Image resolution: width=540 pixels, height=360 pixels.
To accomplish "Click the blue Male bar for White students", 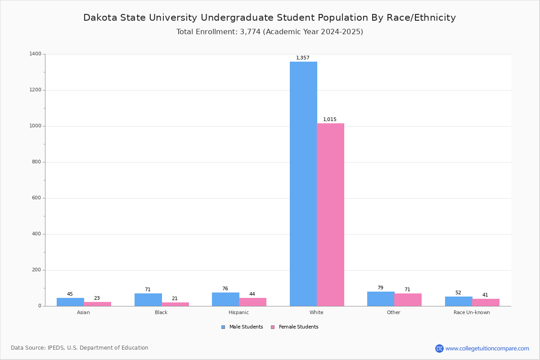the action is (303, 184).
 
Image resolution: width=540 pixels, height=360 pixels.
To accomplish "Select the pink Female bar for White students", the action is (330, 215).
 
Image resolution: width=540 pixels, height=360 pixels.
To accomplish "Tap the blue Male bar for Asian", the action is (70, 302).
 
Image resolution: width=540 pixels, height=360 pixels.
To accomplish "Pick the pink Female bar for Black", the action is (175, 304).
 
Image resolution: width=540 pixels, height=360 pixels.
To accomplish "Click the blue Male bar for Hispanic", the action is (225, 299).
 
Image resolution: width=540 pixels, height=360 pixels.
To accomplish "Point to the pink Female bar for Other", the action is (408, 300).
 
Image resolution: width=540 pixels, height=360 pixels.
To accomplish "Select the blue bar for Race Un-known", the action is (459, 301).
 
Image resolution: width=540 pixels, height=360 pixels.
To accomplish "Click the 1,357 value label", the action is (303, 58).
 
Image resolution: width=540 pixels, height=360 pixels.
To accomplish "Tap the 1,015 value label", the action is (330, 119).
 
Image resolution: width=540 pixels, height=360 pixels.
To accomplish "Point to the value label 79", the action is (380, 288).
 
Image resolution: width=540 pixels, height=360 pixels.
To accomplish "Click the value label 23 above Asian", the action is (97, 298).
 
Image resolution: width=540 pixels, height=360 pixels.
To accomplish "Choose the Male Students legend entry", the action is (242, 327).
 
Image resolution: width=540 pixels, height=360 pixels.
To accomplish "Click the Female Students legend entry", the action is (295, 327).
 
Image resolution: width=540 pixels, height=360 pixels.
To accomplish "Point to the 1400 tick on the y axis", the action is (36, 54).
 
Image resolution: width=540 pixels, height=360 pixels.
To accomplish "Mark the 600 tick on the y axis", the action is (36, 198).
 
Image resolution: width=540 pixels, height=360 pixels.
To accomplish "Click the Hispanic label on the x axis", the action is (238, 312).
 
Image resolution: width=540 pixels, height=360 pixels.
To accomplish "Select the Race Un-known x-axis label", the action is (472, 312).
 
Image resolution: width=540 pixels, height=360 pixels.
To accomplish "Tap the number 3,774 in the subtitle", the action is (250, 32).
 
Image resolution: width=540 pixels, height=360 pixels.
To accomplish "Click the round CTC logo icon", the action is (439, 348).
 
